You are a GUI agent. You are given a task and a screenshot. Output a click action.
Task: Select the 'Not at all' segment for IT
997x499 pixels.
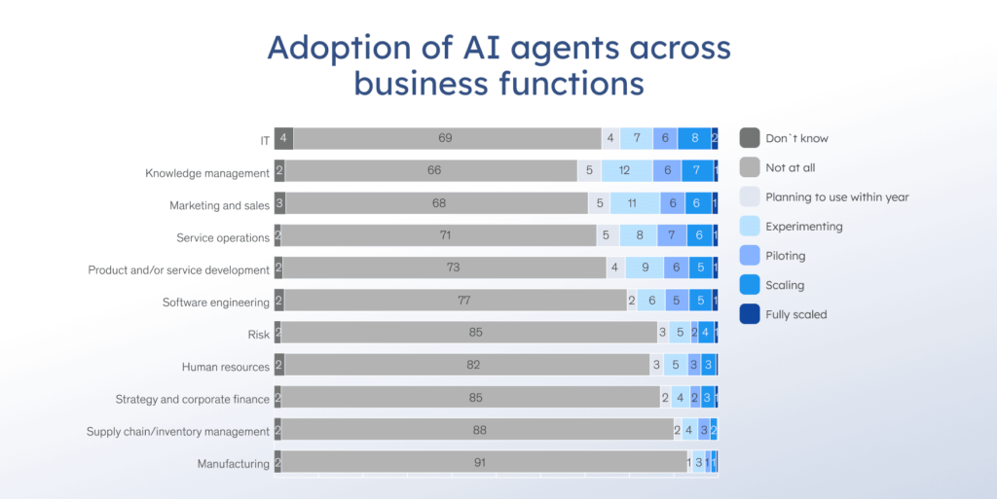[x=446, y=138]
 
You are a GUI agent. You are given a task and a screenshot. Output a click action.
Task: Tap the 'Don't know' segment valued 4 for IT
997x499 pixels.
[x=283, y=138]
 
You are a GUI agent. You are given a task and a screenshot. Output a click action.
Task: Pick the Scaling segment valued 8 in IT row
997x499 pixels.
[x=694, y=138]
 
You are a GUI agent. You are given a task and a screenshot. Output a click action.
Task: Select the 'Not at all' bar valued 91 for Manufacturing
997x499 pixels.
[x=480, y=462]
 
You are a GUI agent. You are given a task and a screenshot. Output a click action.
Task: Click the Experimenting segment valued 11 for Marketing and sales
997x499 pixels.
[x=630, y=203]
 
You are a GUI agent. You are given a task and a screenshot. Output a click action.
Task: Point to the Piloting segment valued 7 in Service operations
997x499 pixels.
[x=672, y=235]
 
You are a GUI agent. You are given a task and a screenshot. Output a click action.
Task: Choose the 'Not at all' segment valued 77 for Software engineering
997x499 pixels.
[x=464, y=301]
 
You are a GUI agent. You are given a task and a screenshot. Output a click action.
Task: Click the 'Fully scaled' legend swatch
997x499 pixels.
[x=749, y=314]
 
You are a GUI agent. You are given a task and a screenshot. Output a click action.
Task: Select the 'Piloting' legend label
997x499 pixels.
[x=786, y=256]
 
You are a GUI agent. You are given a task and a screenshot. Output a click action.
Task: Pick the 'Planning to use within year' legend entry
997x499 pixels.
[x=836, y=196]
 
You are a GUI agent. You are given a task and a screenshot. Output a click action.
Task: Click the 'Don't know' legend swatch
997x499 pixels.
[x=749, y=138]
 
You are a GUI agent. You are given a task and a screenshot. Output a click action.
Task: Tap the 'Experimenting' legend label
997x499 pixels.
[x=803, y=227]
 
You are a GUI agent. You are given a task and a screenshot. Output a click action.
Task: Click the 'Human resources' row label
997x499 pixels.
[x=225, y=367]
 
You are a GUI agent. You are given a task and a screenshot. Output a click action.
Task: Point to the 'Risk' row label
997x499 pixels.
[x=258, y=335]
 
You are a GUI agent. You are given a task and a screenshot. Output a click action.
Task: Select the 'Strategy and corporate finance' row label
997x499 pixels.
[x=192, y=399]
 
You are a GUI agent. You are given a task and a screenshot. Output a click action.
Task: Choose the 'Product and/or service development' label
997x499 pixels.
[x=178, y=269]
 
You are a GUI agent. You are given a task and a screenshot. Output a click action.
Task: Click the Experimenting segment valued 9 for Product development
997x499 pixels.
[x=644, y=267]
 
